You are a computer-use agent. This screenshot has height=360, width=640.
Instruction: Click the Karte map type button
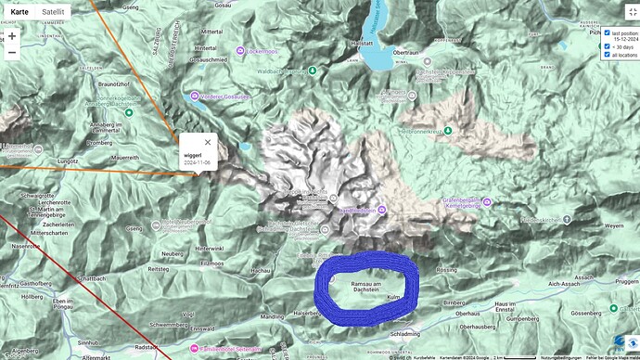coord(19,13)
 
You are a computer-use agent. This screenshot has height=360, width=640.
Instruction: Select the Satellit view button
coord(54,13)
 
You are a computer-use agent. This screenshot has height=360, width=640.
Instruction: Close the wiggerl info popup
coord(208,143)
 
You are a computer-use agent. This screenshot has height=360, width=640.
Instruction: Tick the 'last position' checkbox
coord(607,32)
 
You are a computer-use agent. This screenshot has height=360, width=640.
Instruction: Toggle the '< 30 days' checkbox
coord(607,45)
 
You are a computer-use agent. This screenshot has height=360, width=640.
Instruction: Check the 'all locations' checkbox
coord(607,55)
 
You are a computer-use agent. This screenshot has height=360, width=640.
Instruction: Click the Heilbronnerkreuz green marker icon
coord(448,131)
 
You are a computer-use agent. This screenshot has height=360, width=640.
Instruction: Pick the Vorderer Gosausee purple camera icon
coord(194,96)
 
